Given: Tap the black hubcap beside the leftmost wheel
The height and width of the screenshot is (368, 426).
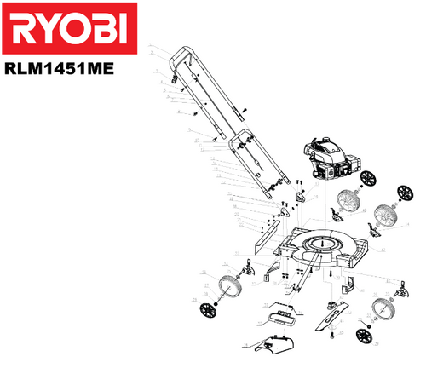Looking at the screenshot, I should (210, 311).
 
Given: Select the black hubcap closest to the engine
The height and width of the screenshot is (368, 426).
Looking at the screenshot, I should (369, 179).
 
